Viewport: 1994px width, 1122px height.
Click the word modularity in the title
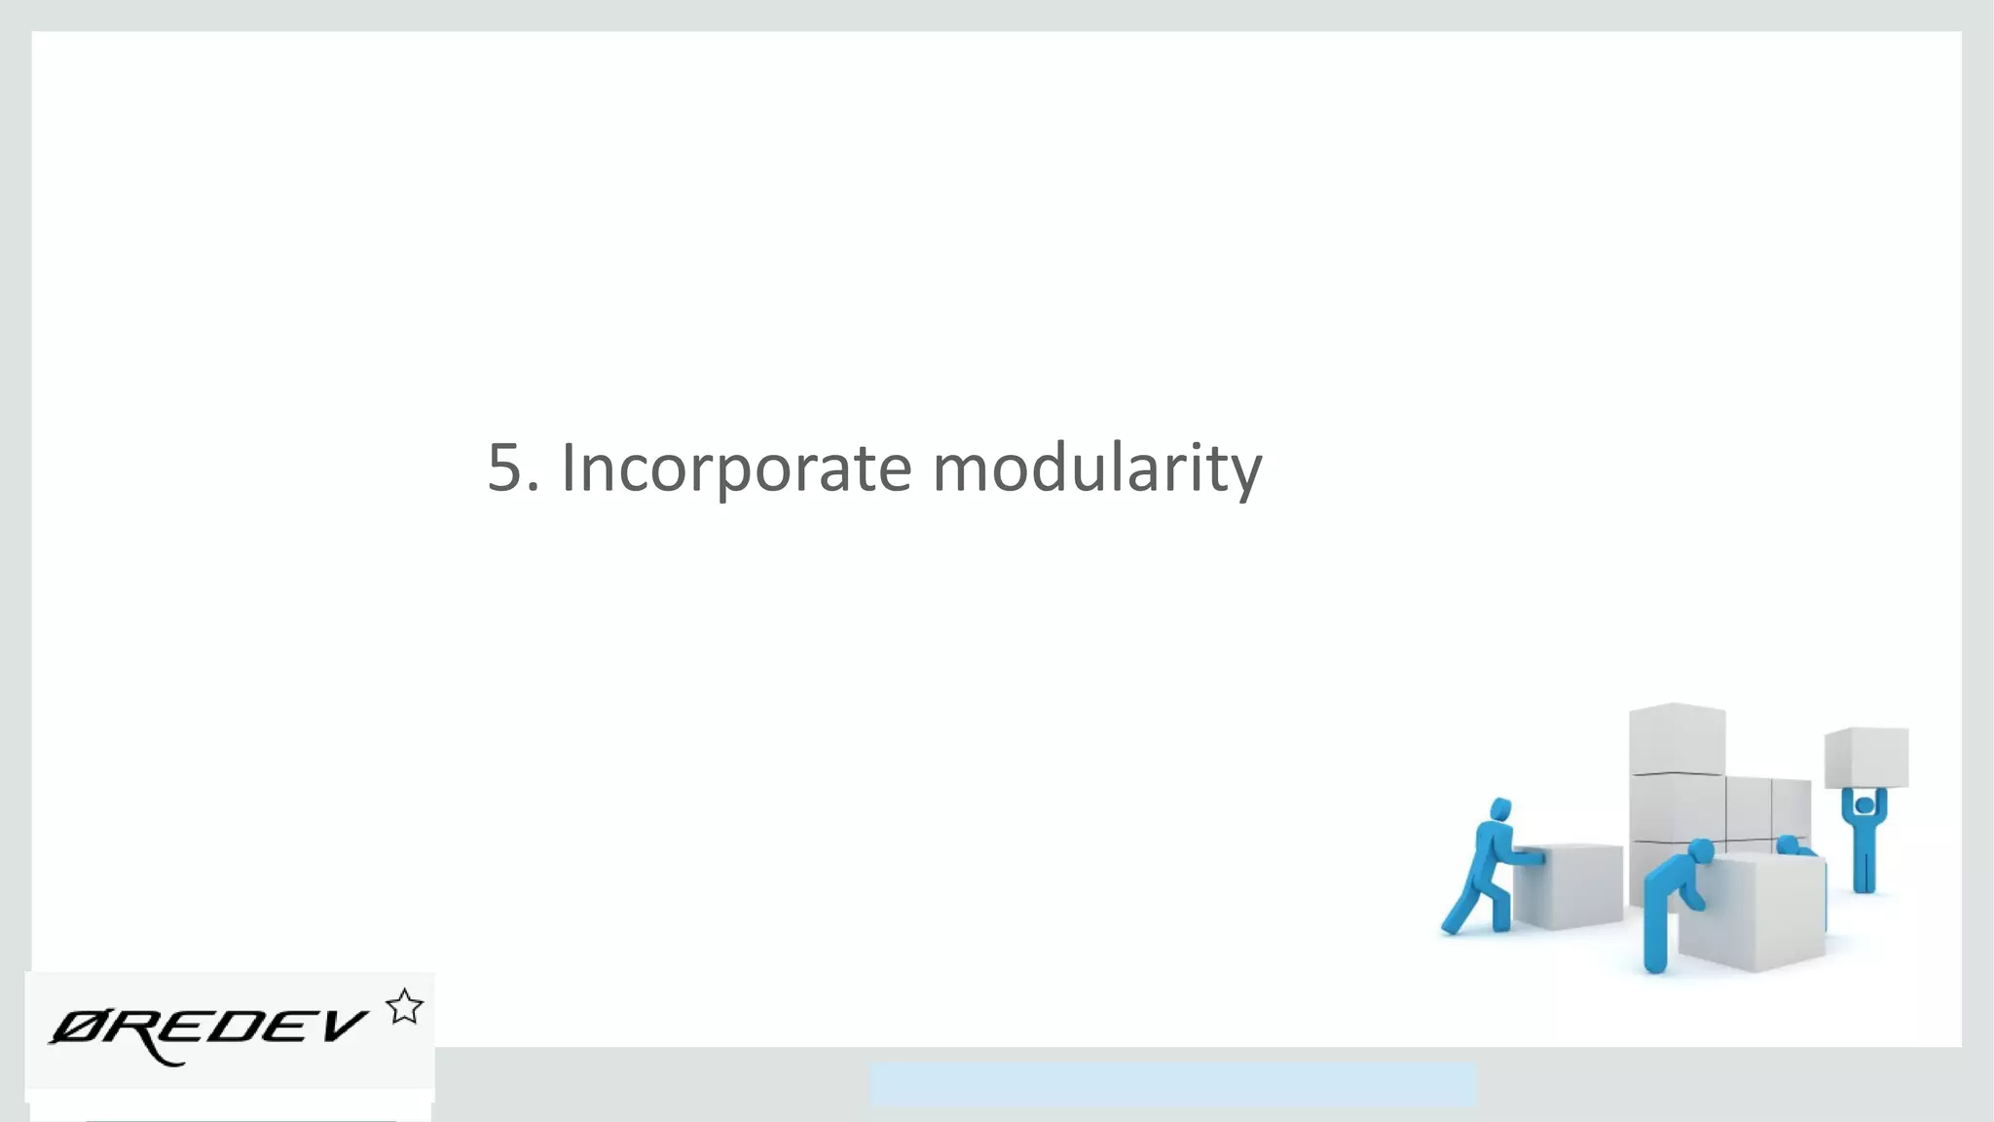click(1096, 468)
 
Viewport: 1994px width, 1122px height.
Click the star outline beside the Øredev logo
click(404, 1007)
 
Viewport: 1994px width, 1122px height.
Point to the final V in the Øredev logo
click(341, 1026)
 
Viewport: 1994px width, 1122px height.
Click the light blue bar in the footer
click(1172, 1084)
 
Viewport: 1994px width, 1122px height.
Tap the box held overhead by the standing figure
click(1866, 757)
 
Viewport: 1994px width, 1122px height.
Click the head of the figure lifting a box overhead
click(1864, 805)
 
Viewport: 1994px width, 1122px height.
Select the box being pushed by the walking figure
click(1569, 884)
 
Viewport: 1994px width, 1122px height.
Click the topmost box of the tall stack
click(1677, 738)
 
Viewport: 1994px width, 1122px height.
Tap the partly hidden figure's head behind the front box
click(1788, 843)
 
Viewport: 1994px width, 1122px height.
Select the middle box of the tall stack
click(1677, 807)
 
